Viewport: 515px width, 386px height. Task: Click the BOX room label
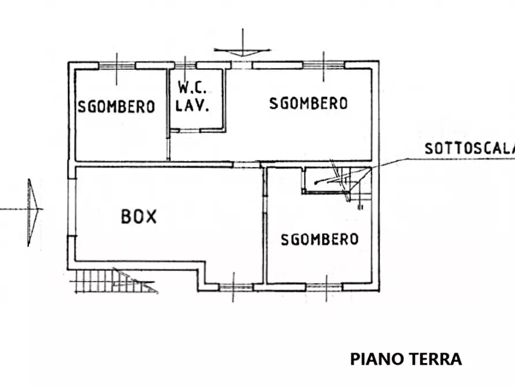(139, 217)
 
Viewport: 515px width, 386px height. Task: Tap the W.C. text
(192, 88)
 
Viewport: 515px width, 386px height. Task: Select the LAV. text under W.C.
(192, 105)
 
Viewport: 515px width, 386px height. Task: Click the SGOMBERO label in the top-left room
(116, 107)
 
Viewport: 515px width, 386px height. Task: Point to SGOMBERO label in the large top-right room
(309, 103)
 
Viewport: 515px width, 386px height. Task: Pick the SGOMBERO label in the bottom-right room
(319, 239)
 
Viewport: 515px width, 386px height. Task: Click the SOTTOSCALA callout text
(469, 149)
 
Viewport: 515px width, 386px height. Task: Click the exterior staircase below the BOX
(113, 281)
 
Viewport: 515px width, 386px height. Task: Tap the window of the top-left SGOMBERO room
(117, 66)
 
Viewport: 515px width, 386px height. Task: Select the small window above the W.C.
(185, 65)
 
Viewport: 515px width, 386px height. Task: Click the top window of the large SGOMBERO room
(324, 65)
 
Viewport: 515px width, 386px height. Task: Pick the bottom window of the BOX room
(235, 287)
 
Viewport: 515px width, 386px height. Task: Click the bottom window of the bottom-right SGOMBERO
(324, 287)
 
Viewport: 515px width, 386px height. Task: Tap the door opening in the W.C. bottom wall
(190, 131)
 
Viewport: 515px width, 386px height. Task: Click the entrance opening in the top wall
(242, 65)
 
